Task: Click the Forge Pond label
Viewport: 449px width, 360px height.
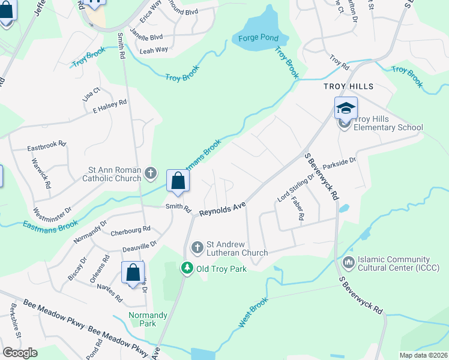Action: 258,38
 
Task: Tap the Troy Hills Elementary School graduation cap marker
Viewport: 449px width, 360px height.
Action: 346,108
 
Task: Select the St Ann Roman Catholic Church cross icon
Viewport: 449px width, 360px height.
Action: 150,174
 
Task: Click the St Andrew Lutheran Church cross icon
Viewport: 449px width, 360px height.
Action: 197,247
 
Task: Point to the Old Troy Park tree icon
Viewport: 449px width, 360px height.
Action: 187,268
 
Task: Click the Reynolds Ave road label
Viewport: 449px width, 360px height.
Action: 223,210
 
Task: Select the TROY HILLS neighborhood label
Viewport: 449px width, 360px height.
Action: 348,86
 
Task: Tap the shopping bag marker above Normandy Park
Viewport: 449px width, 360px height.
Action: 133,272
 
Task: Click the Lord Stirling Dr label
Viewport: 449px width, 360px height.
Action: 295,189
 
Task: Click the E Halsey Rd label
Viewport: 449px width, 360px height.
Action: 109,107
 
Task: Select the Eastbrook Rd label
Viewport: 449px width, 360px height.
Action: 46,146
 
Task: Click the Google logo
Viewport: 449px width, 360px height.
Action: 20,353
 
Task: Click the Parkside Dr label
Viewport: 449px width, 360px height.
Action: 339,163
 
